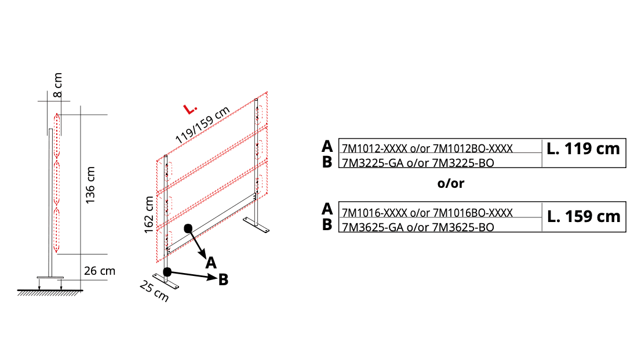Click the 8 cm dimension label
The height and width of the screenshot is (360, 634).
[x=58, y=85]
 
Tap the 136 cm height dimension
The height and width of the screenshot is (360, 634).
[x=90, y=185]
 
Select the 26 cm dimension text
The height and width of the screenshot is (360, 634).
[x=100, y=271]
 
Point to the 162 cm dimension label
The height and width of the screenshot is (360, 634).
[x=149, y=214]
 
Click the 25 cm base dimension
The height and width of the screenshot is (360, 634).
[x=154, y=291]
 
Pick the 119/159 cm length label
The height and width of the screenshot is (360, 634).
[x=202, y=124]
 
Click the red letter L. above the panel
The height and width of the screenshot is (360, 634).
[x=190, y=109]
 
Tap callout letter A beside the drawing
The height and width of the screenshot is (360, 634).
[x=211, y=263]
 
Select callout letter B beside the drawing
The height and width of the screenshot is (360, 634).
[x=223, y=279]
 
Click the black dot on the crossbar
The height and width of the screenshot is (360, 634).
[x=188, y=228]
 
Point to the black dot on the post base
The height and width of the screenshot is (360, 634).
[x=167, y=272]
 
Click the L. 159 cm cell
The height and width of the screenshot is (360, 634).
[x=584, y=217]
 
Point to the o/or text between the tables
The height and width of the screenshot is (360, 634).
[x=451, y=183]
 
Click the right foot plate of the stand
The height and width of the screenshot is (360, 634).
[x=256, y=225]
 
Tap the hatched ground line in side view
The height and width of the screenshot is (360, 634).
[x=50, y=292]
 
